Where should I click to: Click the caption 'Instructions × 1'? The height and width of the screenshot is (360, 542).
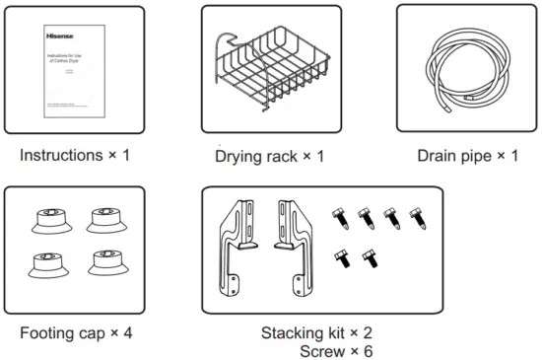click(74, 156)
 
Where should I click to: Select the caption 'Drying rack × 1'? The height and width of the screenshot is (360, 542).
click(270, 157)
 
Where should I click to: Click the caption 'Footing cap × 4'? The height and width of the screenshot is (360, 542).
click(75, 332)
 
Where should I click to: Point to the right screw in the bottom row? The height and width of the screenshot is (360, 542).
click(371, 257)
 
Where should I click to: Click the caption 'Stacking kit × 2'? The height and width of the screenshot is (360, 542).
click(316, 332)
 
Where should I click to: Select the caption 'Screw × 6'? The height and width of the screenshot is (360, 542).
click(337, 350)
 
